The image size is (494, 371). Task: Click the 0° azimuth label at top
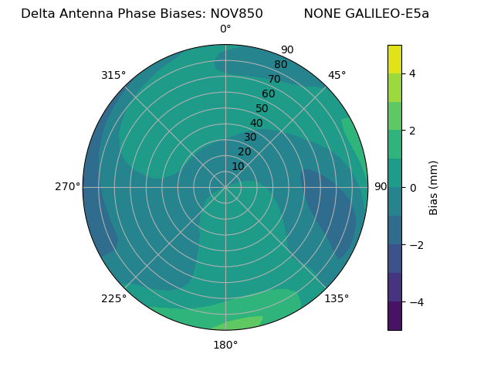(225, 29)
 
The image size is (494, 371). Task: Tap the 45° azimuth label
(337, 75)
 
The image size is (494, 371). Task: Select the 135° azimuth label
(337, 298)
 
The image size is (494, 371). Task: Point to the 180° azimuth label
(225, 345)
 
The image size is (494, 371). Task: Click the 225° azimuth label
(113, 298)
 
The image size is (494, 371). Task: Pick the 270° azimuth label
(67, 186)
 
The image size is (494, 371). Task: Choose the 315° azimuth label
(113, 75)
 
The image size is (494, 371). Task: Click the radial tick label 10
(238, 166)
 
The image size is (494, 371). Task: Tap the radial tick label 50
(262, 108)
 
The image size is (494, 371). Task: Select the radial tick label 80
(280, 65)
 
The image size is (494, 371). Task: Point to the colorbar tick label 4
(413, 73)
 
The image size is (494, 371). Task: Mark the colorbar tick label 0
(413, 187)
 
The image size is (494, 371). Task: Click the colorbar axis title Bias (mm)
(434, 187)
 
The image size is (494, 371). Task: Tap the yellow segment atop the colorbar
(394, 59)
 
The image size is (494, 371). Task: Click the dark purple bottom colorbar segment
(394, 316)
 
